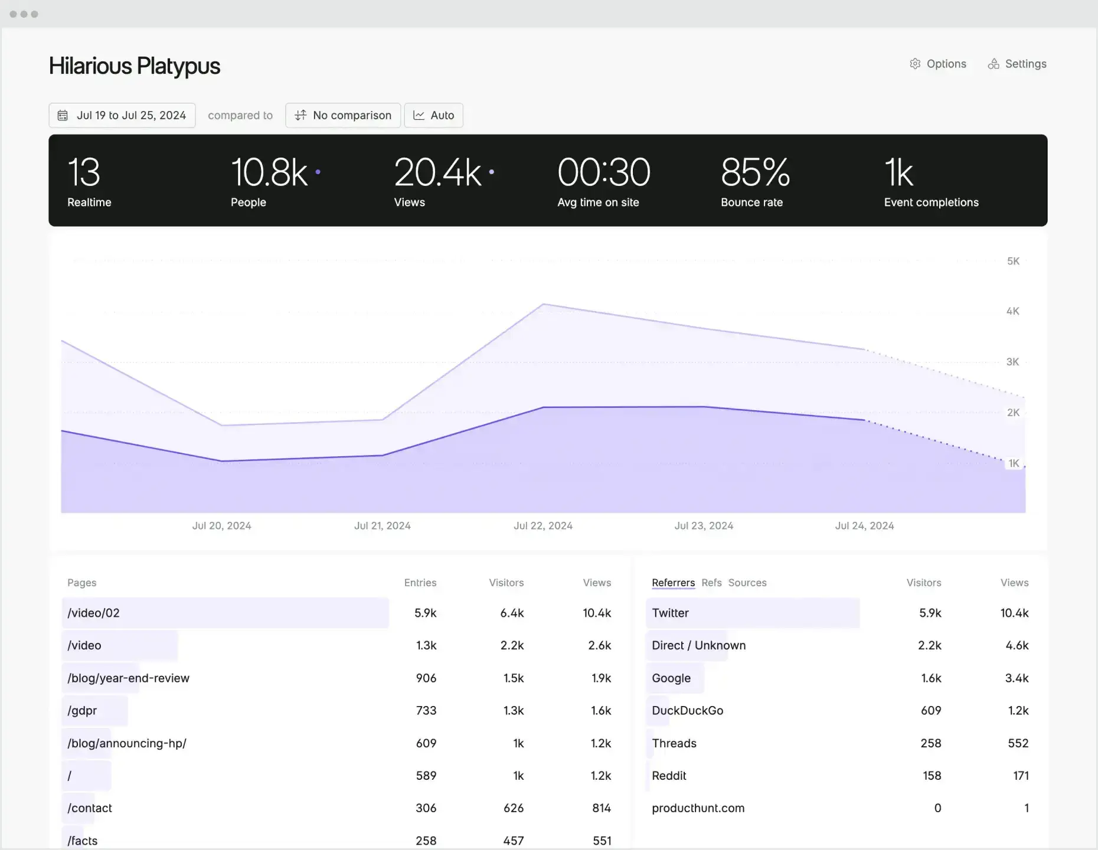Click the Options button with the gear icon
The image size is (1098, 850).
[x=938, y=64]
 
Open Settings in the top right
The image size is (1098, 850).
[x=1017, y=64]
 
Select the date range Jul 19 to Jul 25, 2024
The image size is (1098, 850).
[x=122, y=115]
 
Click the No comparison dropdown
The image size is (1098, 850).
[x=343, y=115]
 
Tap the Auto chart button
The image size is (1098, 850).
[x=433, y=115]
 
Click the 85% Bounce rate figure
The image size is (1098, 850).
[x=755, y=172]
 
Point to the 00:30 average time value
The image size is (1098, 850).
[x=603, y=172]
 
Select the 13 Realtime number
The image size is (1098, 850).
[x=84, y=172]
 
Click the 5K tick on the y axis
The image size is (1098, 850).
[x=1013, y=261]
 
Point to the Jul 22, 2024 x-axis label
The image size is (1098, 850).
[x=543, y=525]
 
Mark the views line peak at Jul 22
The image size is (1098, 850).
[x=543, y=305]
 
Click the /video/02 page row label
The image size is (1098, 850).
[x=93, y=613]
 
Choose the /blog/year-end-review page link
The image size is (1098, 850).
[x=128, y=678]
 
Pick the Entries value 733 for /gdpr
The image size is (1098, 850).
[x=426, y=711]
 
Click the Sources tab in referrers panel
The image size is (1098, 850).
[x=747, y=583]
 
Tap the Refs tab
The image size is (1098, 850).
[x=711, y=583]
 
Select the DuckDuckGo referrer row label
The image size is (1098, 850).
[x=687, y=711]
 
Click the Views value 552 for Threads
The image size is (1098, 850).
[x=1018, y=743]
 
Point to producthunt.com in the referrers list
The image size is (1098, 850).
[x=698, y=808]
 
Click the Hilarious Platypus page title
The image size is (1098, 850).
[x=135, y=66]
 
